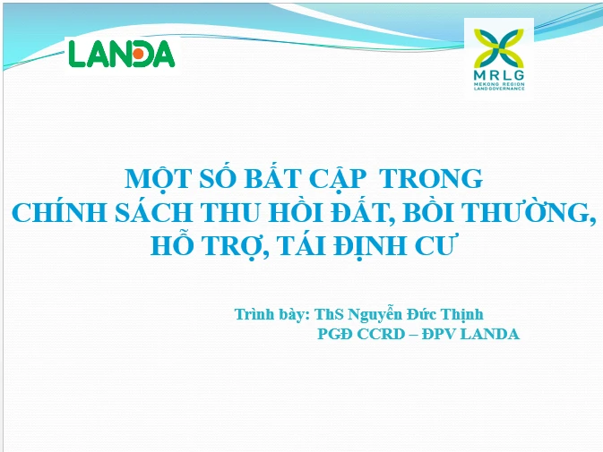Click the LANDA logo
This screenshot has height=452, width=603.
(x=122, y=54)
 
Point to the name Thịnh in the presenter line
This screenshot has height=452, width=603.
(x=461, y=314)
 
